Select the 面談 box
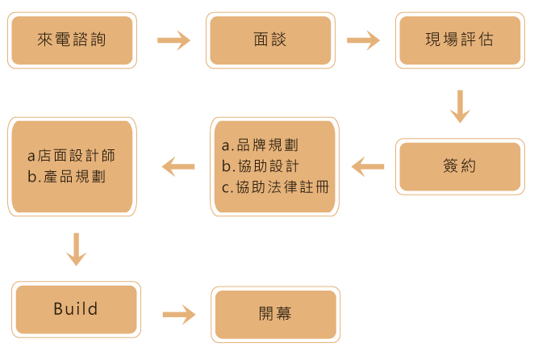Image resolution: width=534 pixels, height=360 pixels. point(269,39)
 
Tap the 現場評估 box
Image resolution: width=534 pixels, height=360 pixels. point(460,39)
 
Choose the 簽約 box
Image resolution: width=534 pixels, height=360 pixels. point(460,166)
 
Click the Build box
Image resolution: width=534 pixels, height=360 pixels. point(76,309)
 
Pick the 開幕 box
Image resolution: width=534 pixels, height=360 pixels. point(275,314)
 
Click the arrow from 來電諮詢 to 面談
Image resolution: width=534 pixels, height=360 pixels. point(173,40)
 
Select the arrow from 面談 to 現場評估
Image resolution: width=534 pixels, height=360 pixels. point(363,40)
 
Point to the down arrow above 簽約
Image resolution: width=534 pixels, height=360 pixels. point(460,107)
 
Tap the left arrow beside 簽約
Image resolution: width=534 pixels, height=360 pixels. point(368,167)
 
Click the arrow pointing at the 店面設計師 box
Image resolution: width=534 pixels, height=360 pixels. point(178,167)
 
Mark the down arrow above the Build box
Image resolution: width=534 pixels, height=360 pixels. point(76,249)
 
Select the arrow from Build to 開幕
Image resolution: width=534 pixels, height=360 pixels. point(179,314)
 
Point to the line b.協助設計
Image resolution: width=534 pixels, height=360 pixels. point(261,166)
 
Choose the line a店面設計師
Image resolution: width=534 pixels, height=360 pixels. point(72,155)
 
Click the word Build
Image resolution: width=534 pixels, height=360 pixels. point(76,309)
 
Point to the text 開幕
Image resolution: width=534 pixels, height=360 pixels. point(275,314)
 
